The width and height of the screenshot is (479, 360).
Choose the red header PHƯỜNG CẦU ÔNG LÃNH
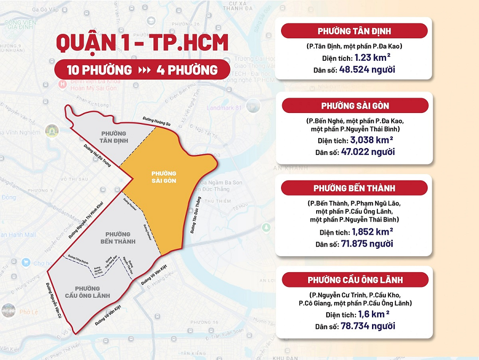point(355,280)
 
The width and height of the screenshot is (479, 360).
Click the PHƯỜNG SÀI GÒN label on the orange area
point(163,177)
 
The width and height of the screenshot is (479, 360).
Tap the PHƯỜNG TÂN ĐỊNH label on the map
point(112,137)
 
